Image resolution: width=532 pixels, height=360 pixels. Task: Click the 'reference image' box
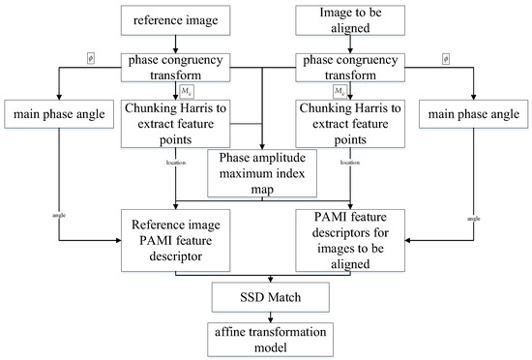pos(174,18)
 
